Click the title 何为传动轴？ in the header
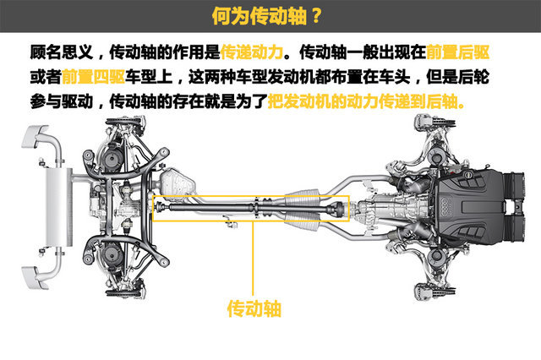267,15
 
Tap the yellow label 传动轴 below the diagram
254,308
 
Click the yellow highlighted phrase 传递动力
252,52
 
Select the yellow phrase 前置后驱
458,52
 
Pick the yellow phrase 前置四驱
93,77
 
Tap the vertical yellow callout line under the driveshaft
254,258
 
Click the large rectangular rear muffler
59,207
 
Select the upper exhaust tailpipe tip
34,136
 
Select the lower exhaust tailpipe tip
35,277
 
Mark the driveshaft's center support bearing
257,208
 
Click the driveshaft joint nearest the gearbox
336,208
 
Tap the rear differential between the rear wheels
128,206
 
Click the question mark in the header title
316,15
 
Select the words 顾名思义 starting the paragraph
62,52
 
